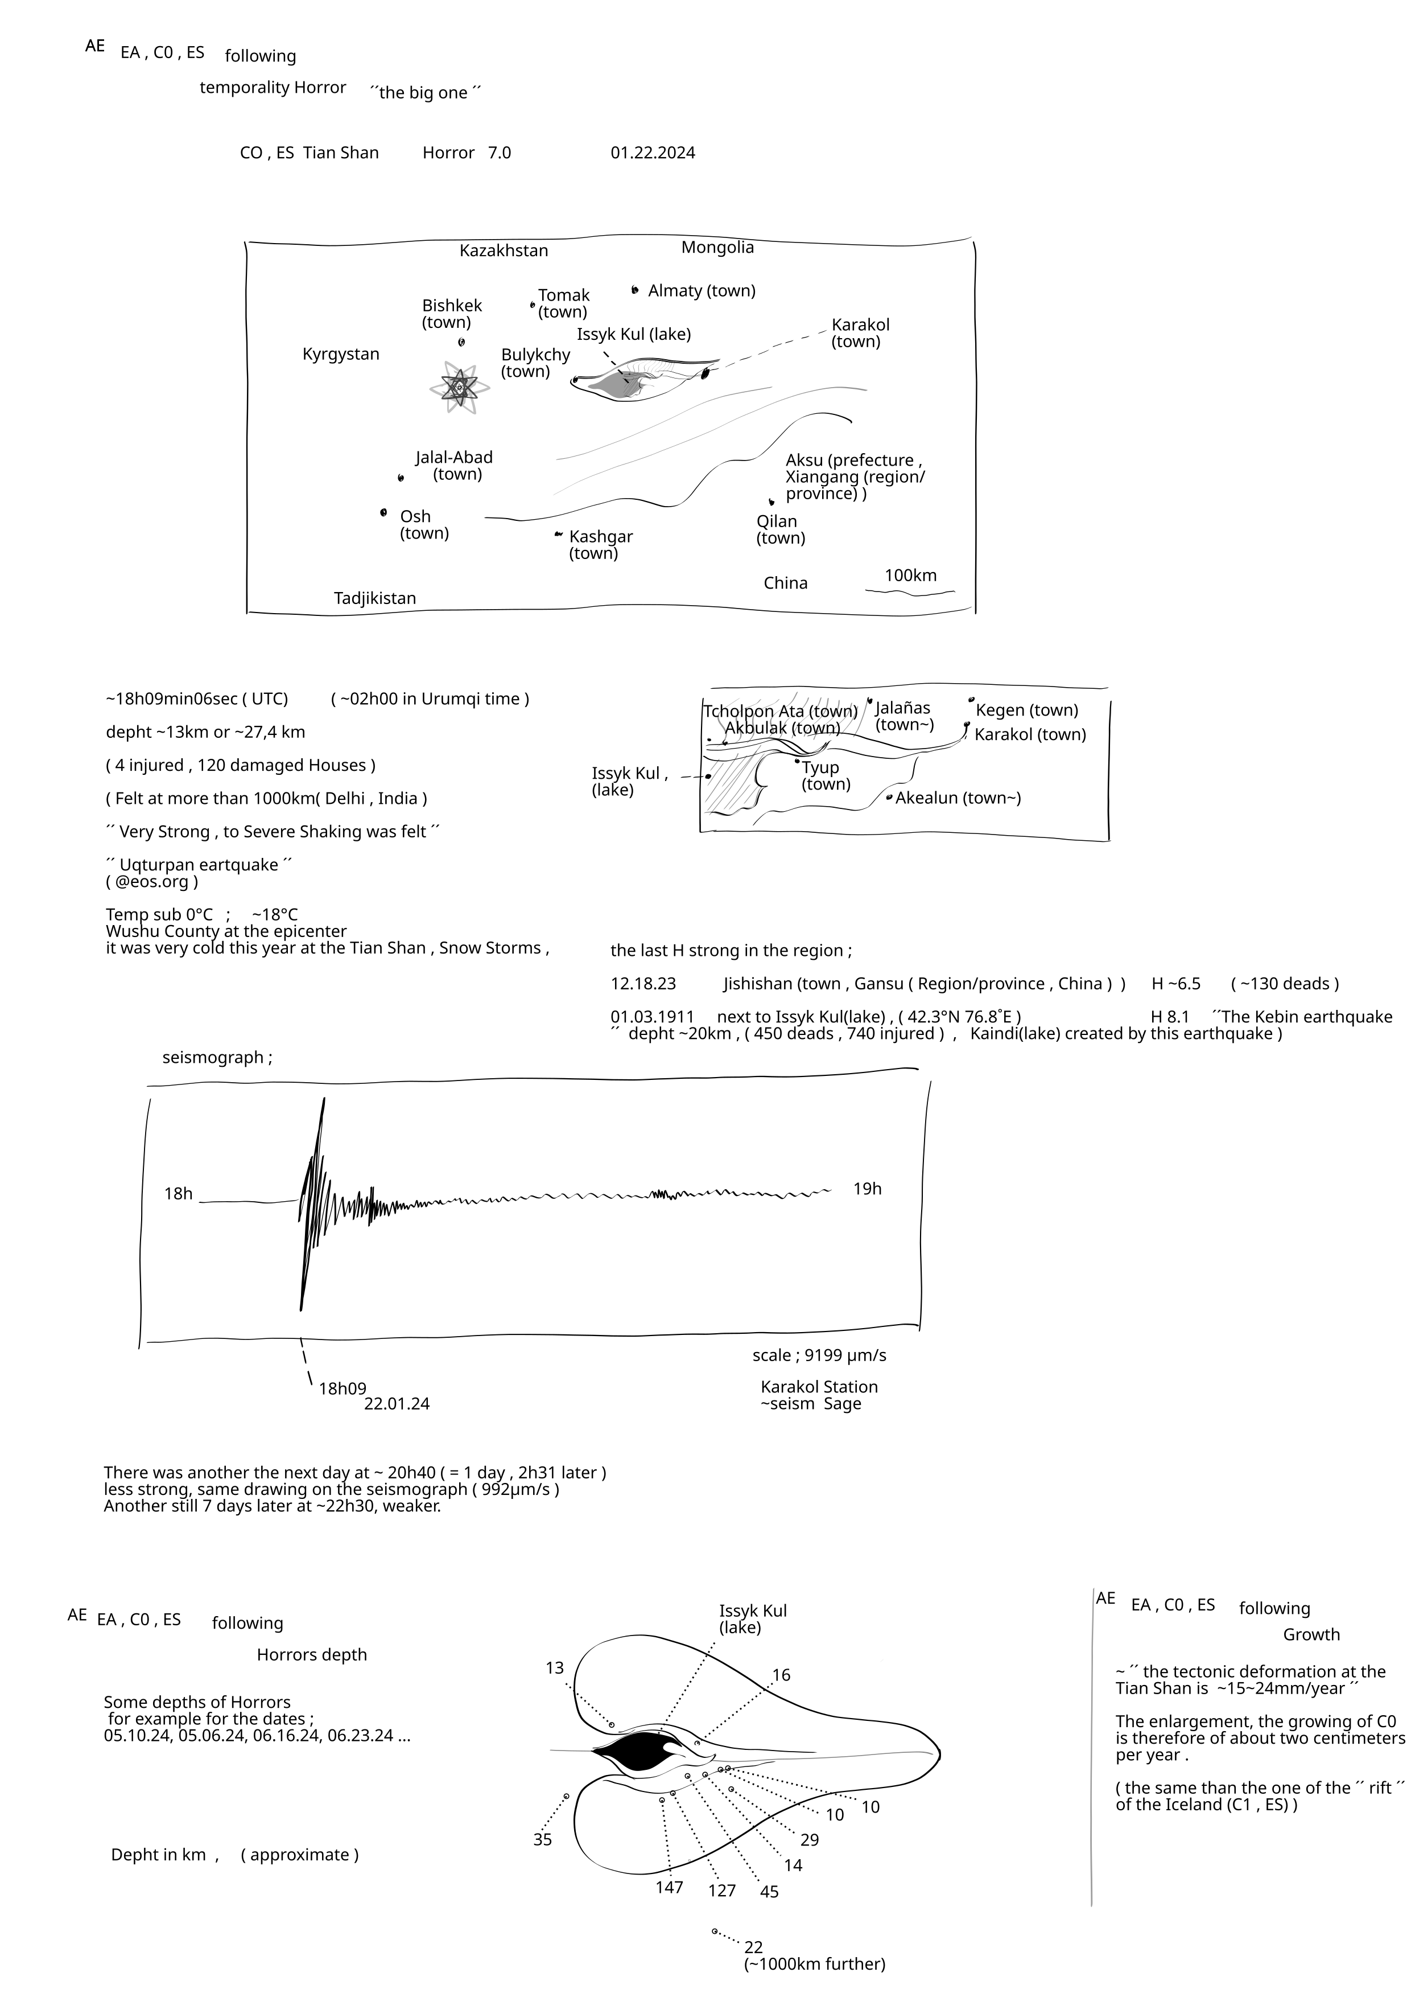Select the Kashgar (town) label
[600, 544]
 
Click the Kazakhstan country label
[504, 250]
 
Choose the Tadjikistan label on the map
[375, 598]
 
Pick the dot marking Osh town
[383, 512]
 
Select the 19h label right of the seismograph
[867, 1189]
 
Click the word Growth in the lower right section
[1311, 1634]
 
